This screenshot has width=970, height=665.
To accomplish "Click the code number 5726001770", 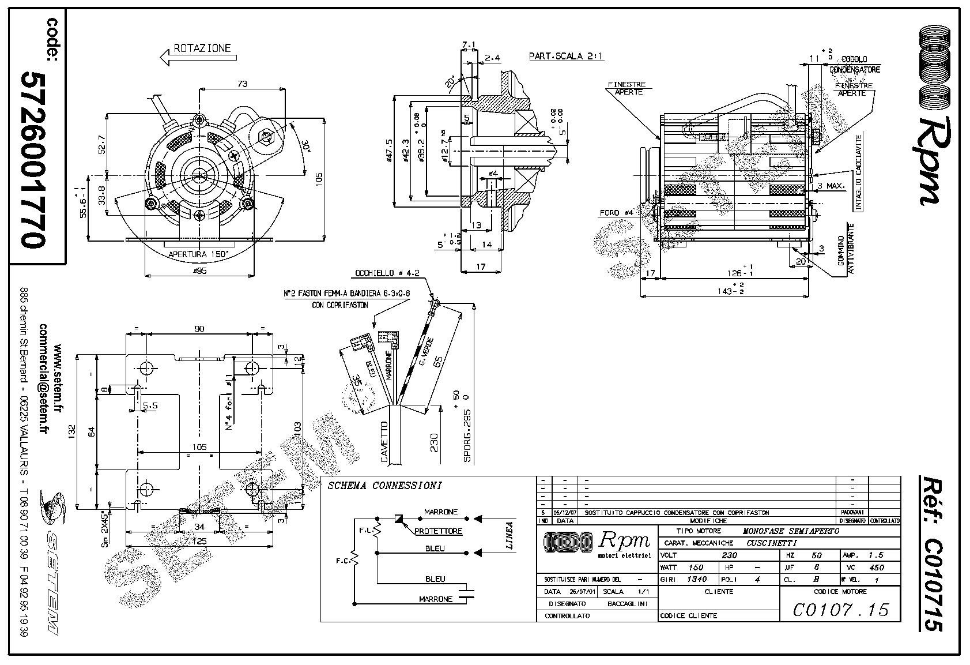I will pyautogui.click(x=33, y=160).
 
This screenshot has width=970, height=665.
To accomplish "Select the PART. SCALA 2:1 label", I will pyautogui.click(x=557, y=57).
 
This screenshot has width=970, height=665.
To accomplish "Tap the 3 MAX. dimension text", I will pyautogui.click(x=831, y=186).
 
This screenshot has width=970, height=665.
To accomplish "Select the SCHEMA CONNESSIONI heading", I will pyautogui.click(x=384, y=486).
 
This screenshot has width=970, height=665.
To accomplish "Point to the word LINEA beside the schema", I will pyautogui.click(x=509, y=536).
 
